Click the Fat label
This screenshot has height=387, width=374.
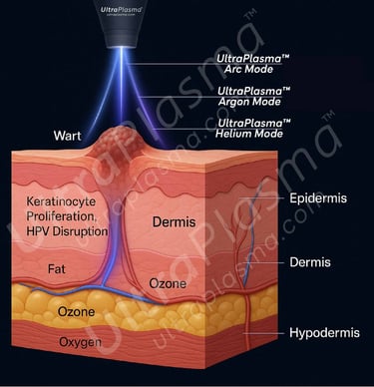59,268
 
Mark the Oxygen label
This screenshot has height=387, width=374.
82,342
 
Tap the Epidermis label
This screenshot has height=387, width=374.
317,198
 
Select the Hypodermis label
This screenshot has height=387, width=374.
324,332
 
